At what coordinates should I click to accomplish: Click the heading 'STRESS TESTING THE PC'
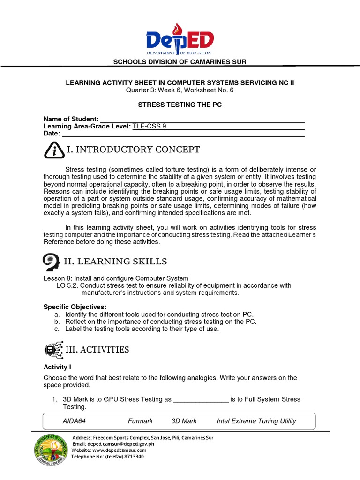[x=180, y=105]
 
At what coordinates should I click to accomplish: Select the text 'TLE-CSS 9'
[x=149, y=126]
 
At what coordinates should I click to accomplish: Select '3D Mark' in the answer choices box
[x=184, y=421]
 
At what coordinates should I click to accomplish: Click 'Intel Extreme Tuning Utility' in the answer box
[x=256, y=421]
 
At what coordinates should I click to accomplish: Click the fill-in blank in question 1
[x=201, y=400]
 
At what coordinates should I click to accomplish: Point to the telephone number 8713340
[x=134, y=456]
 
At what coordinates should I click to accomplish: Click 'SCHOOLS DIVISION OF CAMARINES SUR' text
[x=180, y=62]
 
